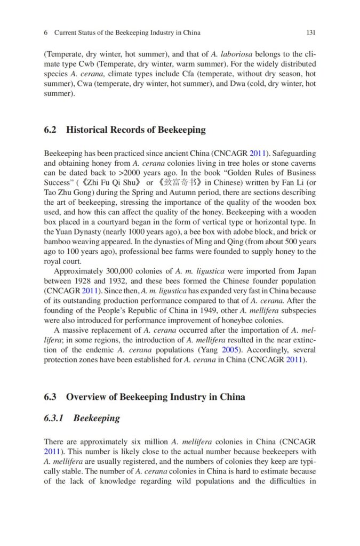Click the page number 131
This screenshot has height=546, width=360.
pyautogui.click(x=311, y=33)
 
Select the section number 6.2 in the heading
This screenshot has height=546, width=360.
pyautogui.click(x=51, y=130)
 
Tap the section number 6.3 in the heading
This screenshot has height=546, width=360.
pyautogui.click(x=51, y=397)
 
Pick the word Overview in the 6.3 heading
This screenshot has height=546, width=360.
pyautogui.click(x=86, y=397)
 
